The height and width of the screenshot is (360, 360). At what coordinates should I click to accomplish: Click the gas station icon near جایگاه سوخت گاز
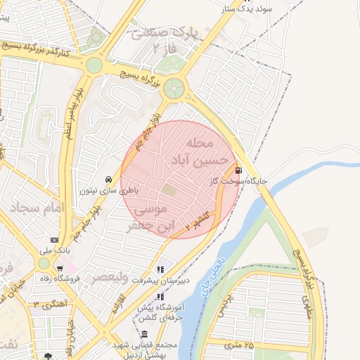pos(239,169)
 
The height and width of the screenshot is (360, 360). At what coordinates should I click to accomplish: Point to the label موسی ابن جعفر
pos(148,218)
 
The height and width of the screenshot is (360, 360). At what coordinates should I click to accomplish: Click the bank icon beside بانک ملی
pos(54,240)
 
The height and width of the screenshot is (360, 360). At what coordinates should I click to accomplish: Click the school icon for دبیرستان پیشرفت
pos(160,269)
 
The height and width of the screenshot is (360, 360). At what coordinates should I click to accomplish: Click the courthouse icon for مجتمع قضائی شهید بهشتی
pos(144,335)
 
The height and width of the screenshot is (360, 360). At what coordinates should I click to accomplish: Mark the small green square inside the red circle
pos(169,189)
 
